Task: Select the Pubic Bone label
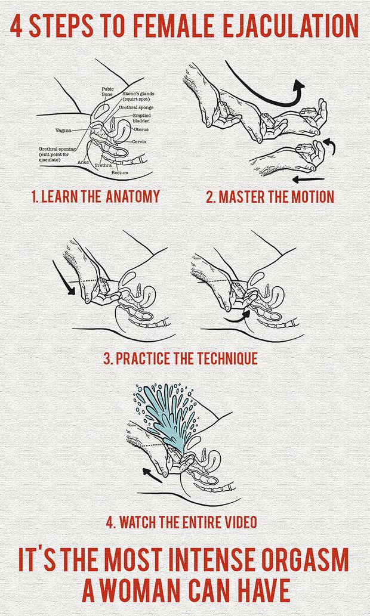[x=107, y=92]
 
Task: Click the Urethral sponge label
[x=136, y=107]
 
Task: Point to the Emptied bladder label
[x=141, y=118]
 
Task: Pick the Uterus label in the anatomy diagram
[x=141, y=129]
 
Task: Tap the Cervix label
[x=139, y=141]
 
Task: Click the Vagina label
[x=63, y=130]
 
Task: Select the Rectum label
[x=119, y=172]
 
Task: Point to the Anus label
[x=82, y=162]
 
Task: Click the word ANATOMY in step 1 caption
[x=132, y=196]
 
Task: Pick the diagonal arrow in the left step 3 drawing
[x=63, y=278]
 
